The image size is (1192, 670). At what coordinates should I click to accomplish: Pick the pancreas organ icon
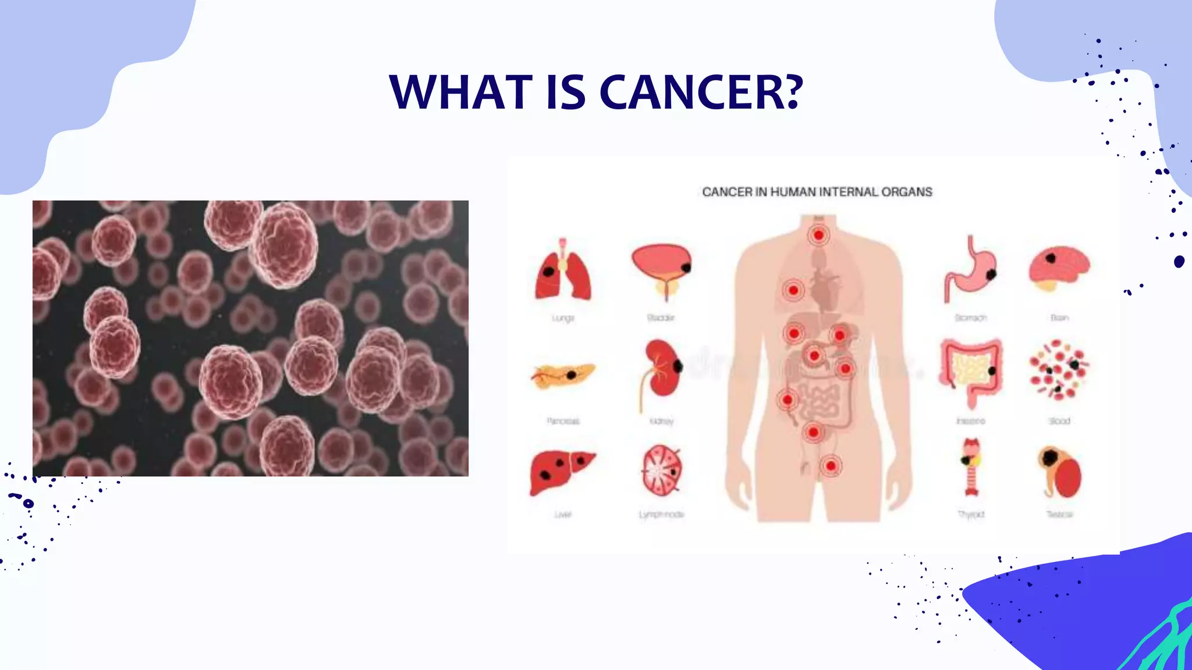pyautogui.click(x=563, y=375)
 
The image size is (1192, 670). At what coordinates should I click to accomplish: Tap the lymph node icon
pyautogui.click(x=662, y=471)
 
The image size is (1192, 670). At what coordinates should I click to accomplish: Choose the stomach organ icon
pyautogui.click(x=970, y=270)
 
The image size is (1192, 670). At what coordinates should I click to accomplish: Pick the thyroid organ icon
pyautogui.click(x=971, y=468)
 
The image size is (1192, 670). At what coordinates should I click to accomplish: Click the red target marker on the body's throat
pyautogui.click(x=819, y=235)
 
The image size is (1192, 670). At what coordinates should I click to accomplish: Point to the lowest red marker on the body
pyautogui.click(x=831, y=466)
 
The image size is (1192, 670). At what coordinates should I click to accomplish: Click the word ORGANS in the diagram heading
pyautogui.click(x=907, y=192)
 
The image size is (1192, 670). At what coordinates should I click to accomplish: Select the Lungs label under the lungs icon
pyautogui.click(x=563, y=318)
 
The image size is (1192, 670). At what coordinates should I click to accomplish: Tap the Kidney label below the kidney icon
pyautogui.click(x=662, y=421)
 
